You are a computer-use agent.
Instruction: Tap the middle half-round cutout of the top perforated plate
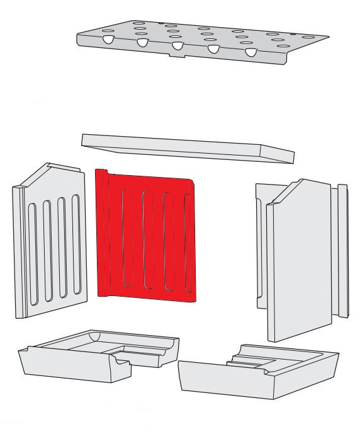[177, 46]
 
